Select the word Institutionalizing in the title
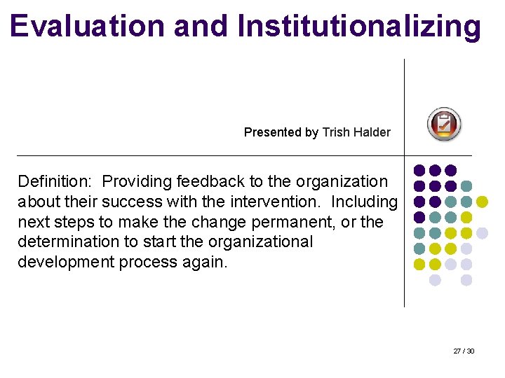359,26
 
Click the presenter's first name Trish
334,132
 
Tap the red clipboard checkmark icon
444,125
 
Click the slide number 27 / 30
464,351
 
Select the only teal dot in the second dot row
466,186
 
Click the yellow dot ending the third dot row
482,202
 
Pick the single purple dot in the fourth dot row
419,218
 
